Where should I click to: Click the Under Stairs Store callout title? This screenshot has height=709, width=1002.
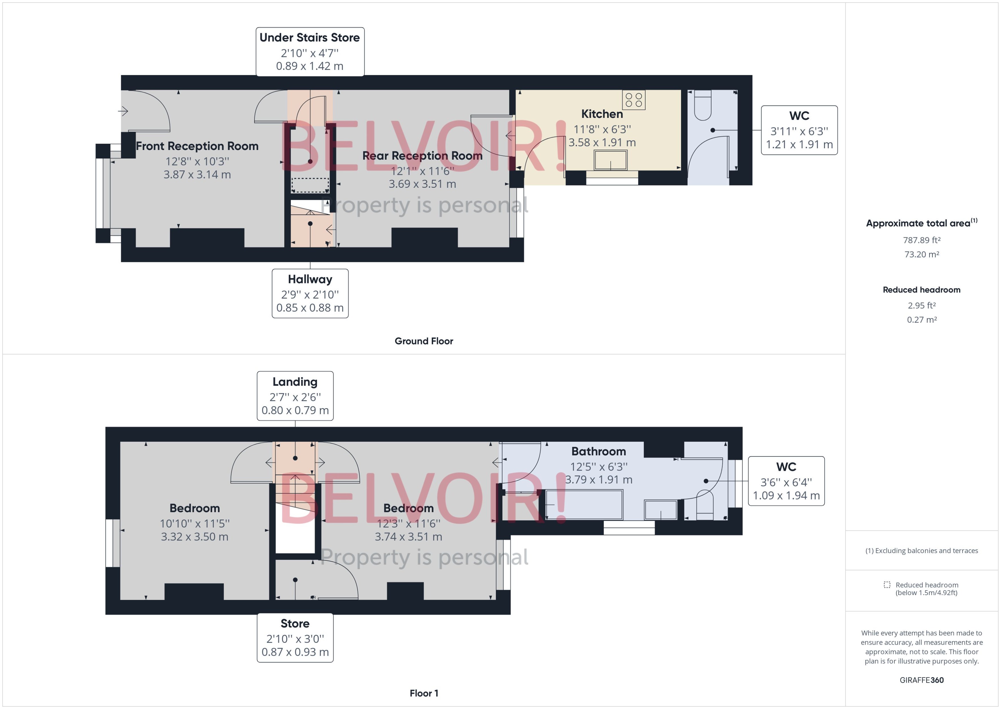click(x=309, y=37)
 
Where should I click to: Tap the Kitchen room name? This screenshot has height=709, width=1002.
click(x=602, y=114)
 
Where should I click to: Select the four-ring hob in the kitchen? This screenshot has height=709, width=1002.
click(x=634, y=100)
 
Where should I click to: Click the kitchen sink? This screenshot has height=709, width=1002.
click(x=610, y=160)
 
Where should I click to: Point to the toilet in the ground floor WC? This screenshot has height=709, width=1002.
click(x=703, y=105)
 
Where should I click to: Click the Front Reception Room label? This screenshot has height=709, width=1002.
click(x=197, y=146)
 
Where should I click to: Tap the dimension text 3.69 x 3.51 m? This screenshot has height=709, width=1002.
click(x=422, y=184)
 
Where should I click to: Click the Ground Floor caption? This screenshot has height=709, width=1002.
click(x=423, y=341)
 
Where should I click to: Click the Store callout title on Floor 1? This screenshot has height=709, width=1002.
click(x=295, y=623)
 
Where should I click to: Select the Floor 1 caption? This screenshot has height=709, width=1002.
click(x=423, y=693)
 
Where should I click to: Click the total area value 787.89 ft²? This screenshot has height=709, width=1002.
click(x=921, y=240)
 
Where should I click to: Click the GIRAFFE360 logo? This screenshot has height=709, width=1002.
click(x=921, y=680)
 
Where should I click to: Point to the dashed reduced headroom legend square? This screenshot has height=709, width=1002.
click(x=886, y=584)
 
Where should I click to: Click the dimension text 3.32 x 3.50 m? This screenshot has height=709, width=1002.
click(x=194, y=537)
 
